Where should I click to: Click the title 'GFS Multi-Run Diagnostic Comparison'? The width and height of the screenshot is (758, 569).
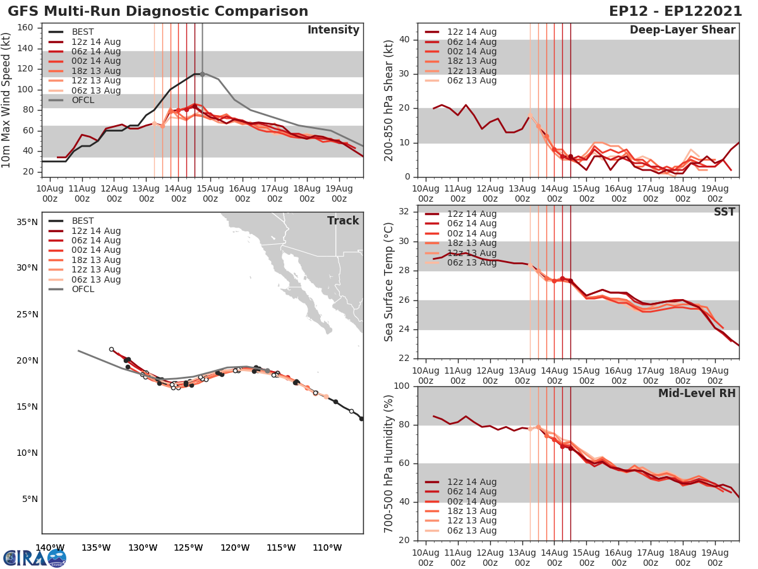click(158, 11)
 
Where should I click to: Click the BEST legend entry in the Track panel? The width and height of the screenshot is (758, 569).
click(83, 221)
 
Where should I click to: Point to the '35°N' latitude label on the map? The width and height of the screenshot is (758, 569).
click(27, 222)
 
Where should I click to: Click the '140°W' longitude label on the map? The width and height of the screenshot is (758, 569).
click(50, 548)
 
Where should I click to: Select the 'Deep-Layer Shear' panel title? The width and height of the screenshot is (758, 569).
click(682, 30)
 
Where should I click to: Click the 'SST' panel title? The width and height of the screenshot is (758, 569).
click(724, 212)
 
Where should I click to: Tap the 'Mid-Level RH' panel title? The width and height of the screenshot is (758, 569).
click(697, 393)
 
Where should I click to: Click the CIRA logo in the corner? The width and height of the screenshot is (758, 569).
click(34, 558)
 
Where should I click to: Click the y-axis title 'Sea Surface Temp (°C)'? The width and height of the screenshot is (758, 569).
click(389, 282)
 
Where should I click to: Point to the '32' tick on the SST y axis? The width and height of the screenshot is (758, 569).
click(405, 211)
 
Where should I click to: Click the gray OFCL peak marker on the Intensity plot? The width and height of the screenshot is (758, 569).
click(202, 74)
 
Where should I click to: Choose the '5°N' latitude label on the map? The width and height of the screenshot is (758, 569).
click(29, 499)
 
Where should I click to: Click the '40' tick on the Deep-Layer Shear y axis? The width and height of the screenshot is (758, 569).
click(405, 40)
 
